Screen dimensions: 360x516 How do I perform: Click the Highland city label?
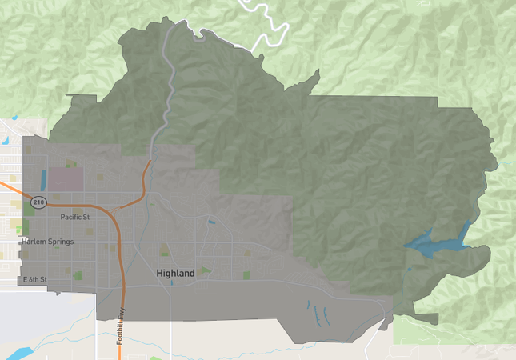[175, 274]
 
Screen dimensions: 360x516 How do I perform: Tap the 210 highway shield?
[38, 202]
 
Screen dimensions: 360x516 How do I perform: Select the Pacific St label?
[74, 217]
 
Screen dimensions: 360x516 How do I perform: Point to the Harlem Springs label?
[47, 242]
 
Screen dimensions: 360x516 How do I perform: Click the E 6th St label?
[34, 279]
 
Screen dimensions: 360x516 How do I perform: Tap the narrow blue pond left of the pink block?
[43, 179]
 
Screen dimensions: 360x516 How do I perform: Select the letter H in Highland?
[160, 274]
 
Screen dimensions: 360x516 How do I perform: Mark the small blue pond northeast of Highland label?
[211, 222]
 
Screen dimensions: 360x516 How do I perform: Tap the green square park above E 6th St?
[79, 276]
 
